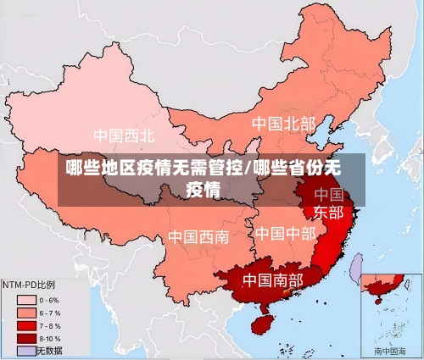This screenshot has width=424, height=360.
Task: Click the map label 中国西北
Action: tap(124, 135)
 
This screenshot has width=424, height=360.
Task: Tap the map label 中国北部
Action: tap(283, 124)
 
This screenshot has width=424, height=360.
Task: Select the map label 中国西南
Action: tap(198, 236)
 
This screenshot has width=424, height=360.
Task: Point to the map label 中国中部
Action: tap(286, 233)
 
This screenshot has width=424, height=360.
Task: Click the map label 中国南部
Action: tap(273, 279)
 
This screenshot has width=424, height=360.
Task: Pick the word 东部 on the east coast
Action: tap(328, 212)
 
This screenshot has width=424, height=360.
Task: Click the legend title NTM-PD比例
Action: tap(29, 285)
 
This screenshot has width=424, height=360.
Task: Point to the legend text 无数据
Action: tap(48, 350)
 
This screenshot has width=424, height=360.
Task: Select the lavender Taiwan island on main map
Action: tap(357, 267)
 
